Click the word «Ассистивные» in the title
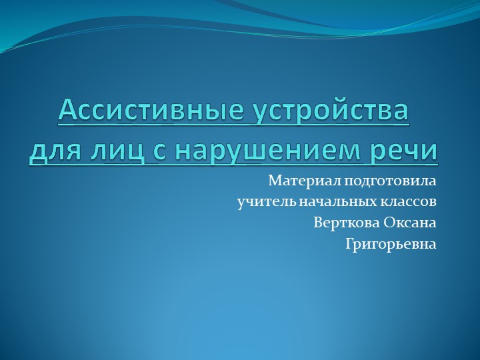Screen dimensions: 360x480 151,110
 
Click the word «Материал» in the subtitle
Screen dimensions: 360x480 296,181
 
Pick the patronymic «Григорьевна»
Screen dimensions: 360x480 391,245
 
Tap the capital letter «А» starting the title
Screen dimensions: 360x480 67,110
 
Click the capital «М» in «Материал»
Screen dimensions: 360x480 274,181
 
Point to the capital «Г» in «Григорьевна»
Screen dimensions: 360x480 349,244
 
